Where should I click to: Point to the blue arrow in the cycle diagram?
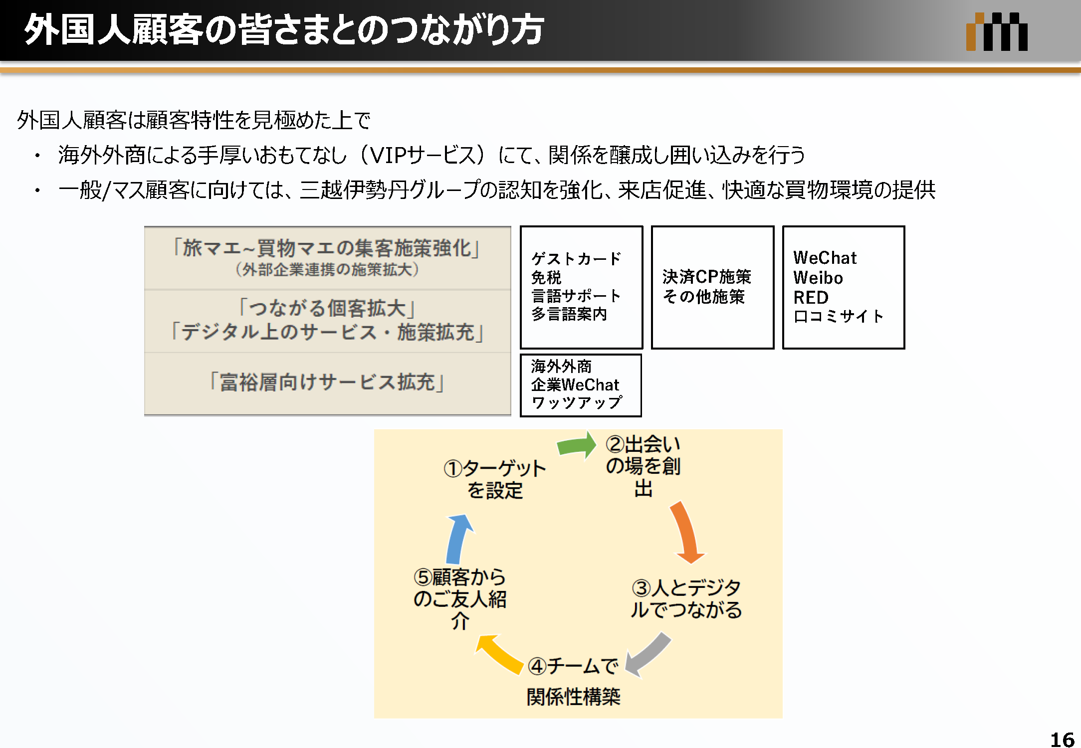pyautogui.click(x=458, y=539)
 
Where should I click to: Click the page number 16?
pyautogui.click(x=1062, y=739)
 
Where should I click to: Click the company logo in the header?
pyautogui.click(x=996, y=32)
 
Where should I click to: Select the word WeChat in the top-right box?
pyautogui.click(x=825, y=258)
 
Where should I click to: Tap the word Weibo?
pyautogui.click(x=818, y=278)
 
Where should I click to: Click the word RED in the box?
pyautogui.click(x=811, y=297)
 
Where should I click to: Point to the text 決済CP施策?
pyautogui.click(x=706, y=277)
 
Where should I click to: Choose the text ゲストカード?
pyautogui.click(x=576, y=259)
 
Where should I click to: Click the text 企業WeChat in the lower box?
pyautogui.click(x=575, y=385)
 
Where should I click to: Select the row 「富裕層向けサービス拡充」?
pyautogui.click(x=327, y=382)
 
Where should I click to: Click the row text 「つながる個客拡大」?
pyautogui.click(x=327, y=308)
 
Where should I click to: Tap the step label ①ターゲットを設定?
pyautogui.click(x=495, y=479)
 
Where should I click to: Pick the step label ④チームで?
pyautogui.click(x=573, y=666)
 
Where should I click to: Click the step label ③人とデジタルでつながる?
pyautogui.click(x=686, y=598)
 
